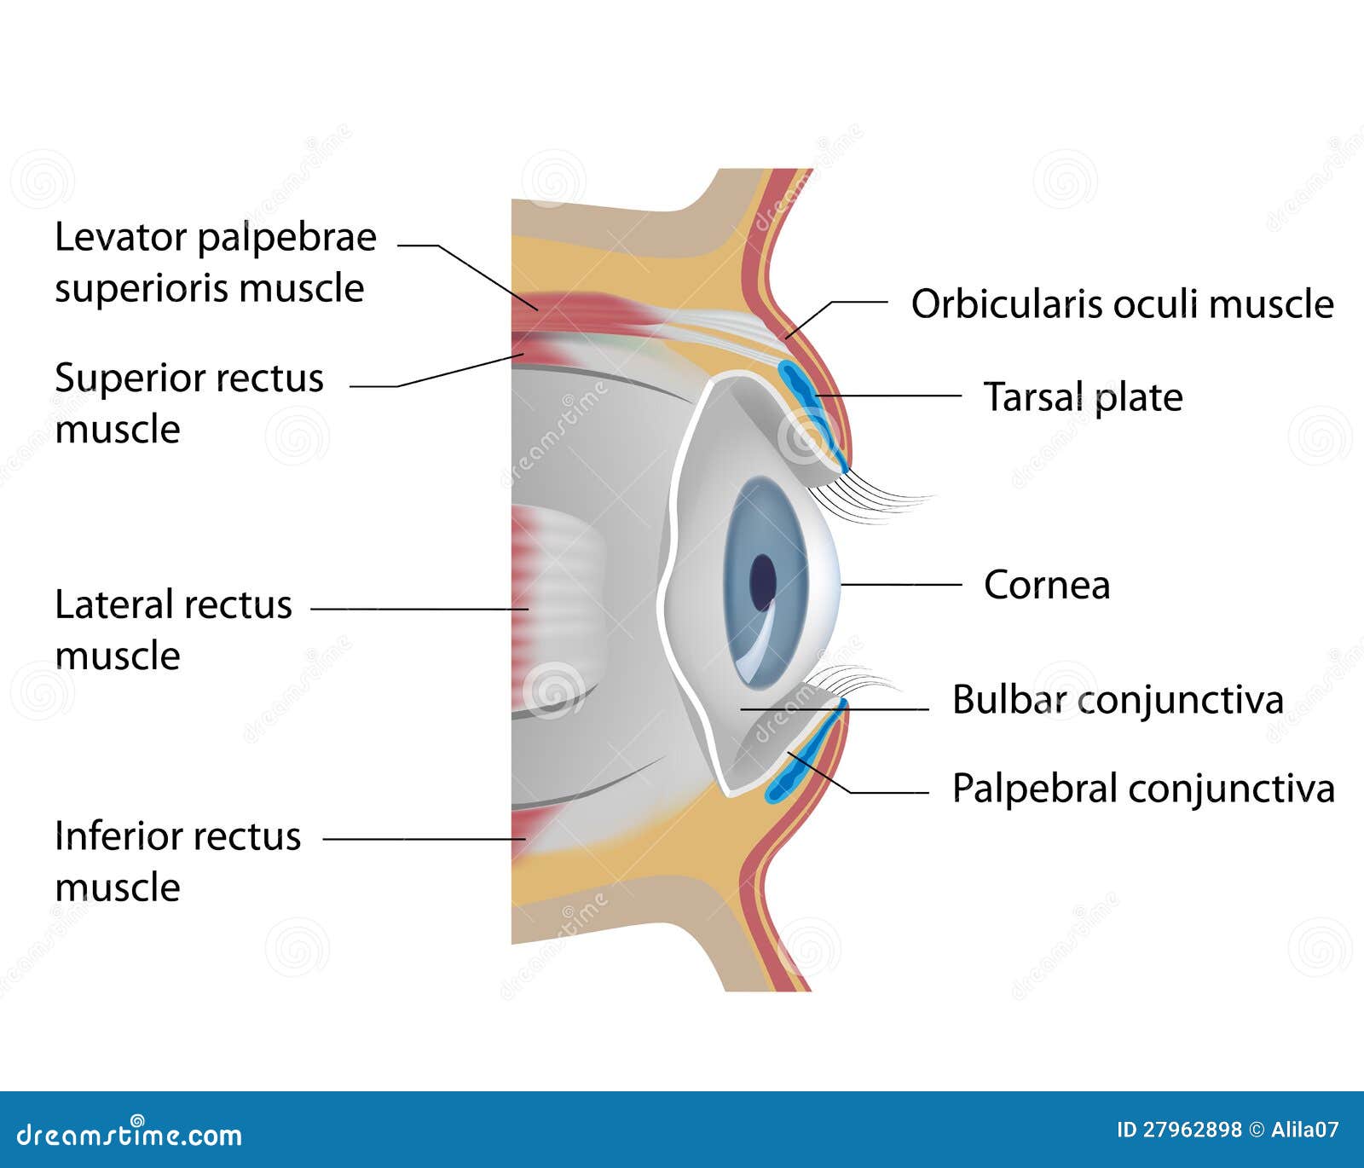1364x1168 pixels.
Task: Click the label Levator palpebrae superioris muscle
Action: pyautogui.click(x=215, y=262)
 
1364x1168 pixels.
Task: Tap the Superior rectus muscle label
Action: pyautogui.click(x=188, y=402)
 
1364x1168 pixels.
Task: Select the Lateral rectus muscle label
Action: pyautogui.click(x=173, y=629)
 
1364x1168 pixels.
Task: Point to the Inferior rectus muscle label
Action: pyautogui.click(x=177, y=860)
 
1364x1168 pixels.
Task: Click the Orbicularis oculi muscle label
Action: pyautogui.click(x=1122, y=304)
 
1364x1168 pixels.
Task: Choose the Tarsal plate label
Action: pyautogui.click(x=1083, y=397)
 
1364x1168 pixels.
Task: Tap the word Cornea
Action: pyautogui.click(x=1047, y=585)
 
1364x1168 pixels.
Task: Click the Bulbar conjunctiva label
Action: pyautogui.click(x=1117, y=700)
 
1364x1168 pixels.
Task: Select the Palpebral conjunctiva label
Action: pyautogui.click(x=1142, y=788)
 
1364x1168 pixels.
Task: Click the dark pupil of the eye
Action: pyautogui.click(x=762, y=582)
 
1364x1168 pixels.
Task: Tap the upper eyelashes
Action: pyautogui.click(x=878, y=499)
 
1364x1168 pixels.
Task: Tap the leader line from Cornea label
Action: pyautogui.click(x=900, y=585)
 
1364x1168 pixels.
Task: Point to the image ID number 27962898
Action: pyautogui.click(x=1192, y=1130)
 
